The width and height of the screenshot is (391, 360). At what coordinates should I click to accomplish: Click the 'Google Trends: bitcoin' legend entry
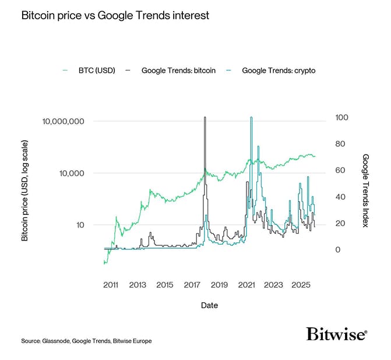pos(178,70)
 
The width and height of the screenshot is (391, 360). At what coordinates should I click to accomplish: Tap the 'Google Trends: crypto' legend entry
pos(279,70)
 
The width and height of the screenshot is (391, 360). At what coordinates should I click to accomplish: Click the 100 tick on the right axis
pos(341,118)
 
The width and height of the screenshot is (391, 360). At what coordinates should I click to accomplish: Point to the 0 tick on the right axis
pos(337,250)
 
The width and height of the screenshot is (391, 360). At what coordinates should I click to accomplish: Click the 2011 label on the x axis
pos(111,285)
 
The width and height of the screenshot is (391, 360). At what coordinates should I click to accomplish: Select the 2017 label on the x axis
pos(192,285)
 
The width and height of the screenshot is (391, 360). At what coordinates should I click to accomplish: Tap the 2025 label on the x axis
pos(300,285)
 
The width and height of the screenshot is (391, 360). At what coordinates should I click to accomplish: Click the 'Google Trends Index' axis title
pos(366,190)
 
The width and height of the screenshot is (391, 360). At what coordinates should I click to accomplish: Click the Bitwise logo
pos(336,334)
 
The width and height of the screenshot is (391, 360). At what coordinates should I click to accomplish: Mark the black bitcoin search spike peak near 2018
pos(205,118)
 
